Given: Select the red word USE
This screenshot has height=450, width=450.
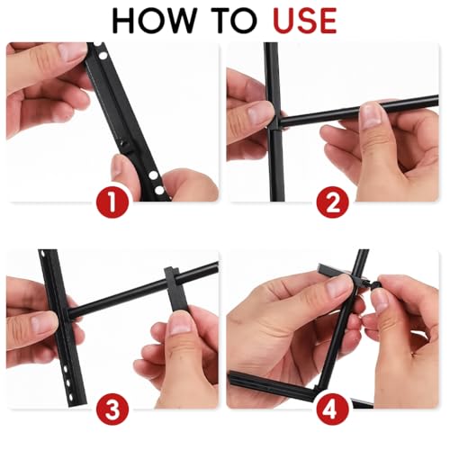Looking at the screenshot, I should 302,20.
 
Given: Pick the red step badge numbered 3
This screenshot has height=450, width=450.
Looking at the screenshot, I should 112,410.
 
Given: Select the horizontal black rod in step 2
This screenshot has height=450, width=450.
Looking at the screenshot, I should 360,114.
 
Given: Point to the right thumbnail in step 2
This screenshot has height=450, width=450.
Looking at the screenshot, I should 370,113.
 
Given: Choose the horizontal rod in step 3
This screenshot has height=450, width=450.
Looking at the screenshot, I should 117,297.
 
